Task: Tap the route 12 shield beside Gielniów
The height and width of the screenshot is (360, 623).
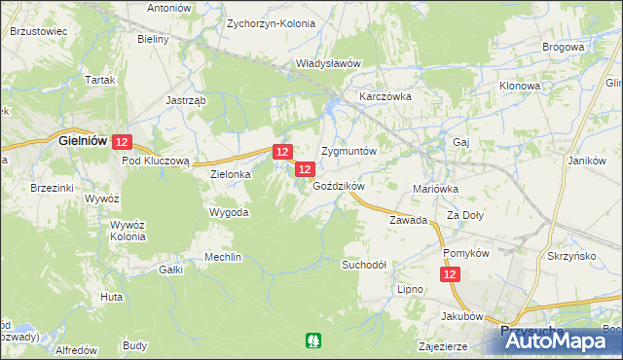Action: [122, 142]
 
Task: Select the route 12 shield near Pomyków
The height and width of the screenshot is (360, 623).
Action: [450, 276]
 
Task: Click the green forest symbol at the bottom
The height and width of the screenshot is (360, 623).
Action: [312, 341]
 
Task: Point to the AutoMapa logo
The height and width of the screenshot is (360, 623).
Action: [559, 341]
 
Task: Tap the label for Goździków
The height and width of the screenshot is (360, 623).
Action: [338, 186]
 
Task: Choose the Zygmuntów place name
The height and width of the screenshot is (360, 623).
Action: [348, 153]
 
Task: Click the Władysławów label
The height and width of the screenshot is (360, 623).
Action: [328, 63]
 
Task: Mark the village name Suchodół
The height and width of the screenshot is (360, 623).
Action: [364, 265]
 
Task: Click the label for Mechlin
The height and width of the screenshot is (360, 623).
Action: [222, 257]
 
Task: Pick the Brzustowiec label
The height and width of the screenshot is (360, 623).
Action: [38, 31]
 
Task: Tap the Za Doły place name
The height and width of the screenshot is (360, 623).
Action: [465, 215]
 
